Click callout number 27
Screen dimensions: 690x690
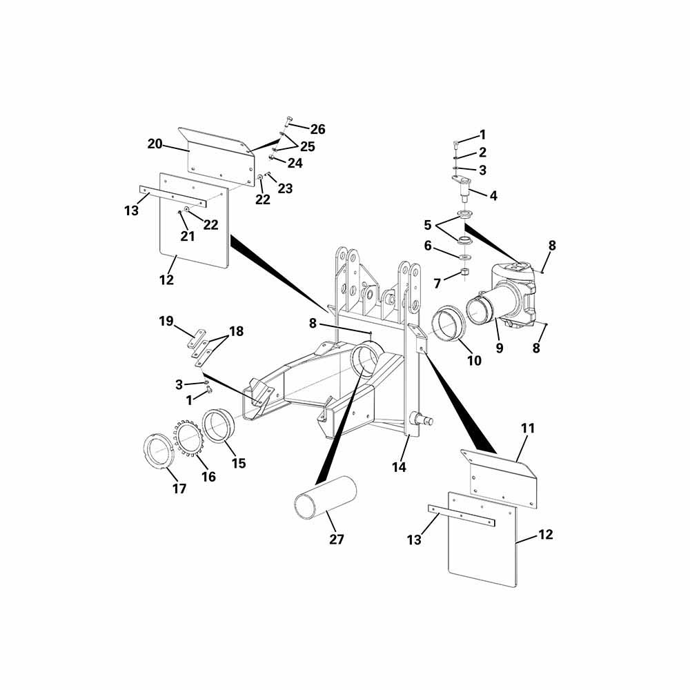click(336, 539)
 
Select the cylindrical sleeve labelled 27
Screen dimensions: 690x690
click(325, 497)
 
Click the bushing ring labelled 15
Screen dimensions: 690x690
click(219, 425)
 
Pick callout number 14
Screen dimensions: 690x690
click(399, 467)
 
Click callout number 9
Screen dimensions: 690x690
click(500, 348)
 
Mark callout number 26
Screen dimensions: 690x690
click(317, 129)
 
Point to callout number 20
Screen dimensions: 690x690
click(155, 144)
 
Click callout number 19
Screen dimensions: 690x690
click(166, 322)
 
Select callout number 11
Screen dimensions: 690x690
click(528, 428)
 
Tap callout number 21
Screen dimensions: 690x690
click(188, 236)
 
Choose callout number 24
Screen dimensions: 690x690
click(295, 163)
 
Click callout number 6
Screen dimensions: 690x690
click(428, 246)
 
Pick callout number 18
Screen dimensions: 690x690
click(236, 331)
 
